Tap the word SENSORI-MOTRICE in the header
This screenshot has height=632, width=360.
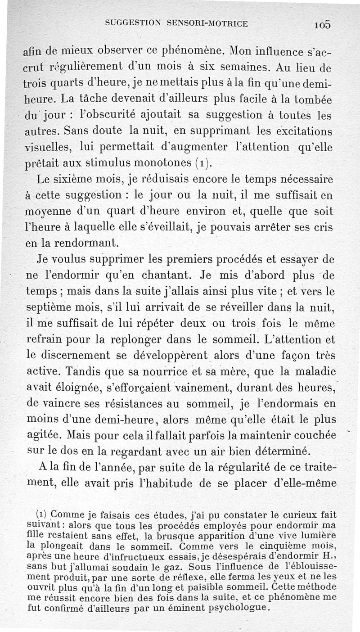[x=207, y=23]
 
